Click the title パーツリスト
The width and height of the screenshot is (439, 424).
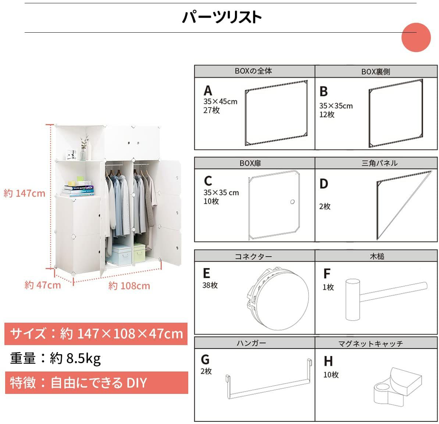coord(221,17)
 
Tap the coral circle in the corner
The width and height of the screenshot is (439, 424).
coord(416,37)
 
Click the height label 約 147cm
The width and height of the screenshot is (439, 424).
coord(24,193)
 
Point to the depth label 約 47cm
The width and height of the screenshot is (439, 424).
coord(43,285)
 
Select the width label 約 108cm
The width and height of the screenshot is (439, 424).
coord(129,286)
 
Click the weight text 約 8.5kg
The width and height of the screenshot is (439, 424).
coord(75,358)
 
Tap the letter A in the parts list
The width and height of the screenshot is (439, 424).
coord(208,91)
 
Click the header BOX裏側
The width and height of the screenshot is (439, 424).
coord(375,72)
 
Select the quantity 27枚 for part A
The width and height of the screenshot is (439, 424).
coord(211,110)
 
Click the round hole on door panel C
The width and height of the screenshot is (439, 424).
coord(292,202)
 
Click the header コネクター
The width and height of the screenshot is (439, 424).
coord(253,257)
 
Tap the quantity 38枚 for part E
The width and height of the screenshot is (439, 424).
coord(210,285)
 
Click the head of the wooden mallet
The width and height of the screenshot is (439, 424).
coord(353,299)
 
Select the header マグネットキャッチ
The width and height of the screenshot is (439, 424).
coord(370,344)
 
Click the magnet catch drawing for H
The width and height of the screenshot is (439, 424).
coord(397,386)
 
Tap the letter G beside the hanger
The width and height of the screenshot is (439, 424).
coord(205,360)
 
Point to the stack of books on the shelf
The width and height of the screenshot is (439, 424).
coord(78,188)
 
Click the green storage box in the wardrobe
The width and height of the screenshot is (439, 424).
coord(139,253)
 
